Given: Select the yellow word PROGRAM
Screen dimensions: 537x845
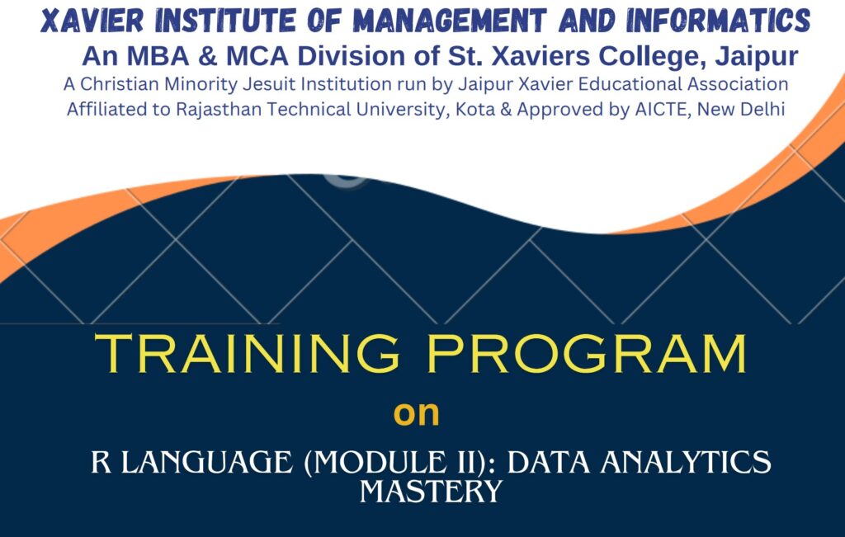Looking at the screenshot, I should pyautogui.click(x=591, y=355).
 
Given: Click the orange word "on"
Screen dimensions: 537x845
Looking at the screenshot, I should pyautogui.click(x=416, y=412).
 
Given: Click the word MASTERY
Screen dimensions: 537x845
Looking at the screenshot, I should pyautogui.click(x=431, y=492).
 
